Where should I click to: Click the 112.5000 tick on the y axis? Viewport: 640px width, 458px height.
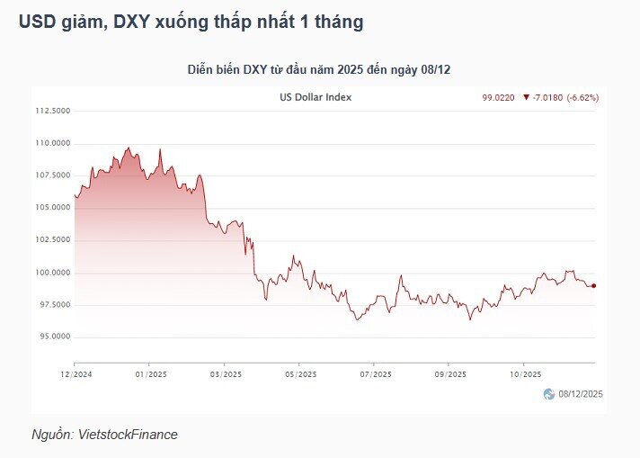[53, 111]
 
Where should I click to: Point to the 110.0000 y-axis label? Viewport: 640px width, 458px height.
[53, 143]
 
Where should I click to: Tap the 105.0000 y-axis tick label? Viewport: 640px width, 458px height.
[53, 208]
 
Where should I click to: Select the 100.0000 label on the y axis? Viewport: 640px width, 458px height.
[53, 273]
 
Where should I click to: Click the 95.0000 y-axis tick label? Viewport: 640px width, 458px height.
[55, 337]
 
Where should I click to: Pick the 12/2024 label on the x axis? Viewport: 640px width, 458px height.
[76, 374]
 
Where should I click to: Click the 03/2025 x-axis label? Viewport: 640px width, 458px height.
[226, 374]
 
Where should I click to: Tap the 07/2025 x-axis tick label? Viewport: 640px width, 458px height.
[376, 374]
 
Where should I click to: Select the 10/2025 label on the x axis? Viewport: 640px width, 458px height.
[525, 374]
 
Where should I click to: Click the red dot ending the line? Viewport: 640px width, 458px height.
[594, 286]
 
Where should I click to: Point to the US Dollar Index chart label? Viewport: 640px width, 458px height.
[316, 97]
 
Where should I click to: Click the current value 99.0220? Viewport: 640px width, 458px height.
[498, 98]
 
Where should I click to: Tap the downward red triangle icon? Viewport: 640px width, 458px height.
[526, 97]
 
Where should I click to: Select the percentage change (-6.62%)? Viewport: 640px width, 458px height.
[582, 98]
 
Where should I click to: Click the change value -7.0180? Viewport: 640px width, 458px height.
[547, 98]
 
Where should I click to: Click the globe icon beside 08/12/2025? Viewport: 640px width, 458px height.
[549, 394]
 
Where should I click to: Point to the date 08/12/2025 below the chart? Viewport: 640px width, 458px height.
[581, 394]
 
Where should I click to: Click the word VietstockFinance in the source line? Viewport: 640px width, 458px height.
[128, 435]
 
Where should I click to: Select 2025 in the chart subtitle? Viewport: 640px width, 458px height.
[351, 69]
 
